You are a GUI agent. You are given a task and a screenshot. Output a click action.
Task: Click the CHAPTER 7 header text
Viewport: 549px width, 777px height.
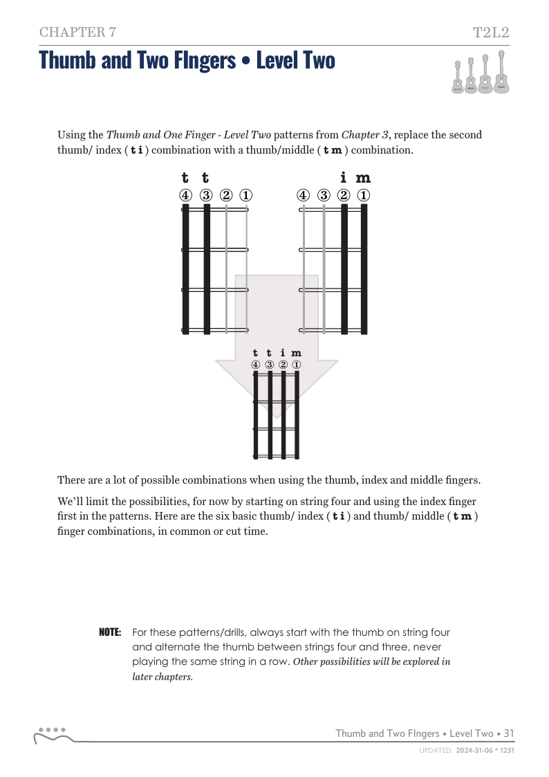tap(77, 33)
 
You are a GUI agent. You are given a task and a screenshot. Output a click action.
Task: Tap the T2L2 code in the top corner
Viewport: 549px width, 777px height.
tap(491, 33)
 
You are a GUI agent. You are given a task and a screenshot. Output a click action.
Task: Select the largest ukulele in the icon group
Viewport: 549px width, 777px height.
tap(501, 72)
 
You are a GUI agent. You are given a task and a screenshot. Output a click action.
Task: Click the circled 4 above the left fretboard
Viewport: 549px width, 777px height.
tap(185, 195)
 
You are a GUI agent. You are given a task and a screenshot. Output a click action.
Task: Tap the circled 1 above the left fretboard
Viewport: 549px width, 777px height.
tap(246, 195)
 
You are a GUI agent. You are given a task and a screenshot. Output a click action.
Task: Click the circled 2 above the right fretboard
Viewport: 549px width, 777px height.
tap(344, 195)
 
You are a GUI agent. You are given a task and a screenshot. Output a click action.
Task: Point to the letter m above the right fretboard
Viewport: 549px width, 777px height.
tap(363, 178)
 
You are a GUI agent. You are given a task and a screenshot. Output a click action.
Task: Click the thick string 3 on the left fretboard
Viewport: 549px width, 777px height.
tap(207, 269)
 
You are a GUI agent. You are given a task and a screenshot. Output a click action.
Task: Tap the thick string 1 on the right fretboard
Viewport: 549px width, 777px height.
tap(364, 269)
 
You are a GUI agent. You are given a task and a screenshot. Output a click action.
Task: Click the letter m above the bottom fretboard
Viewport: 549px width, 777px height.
tap(296, 354)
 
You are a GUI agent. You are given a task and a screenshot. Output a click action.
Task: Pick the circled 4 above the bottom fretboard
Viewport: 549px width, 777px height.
tap(255, 365)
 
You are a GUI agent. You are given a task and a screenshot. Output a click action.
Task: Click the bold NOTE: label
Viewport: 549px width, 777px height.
tap(110, 632)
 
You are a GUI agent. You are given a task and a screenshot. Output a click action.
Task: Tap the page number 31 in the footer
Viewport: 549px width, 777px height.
tap(509, 733)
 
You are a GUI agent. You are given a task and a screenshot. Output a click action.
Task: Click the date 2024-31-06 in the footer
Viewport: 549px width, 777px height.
tap(474, 750)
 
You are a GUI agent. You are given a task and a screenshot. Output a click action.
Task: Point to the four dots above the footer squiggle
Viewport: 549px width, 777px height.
tap(52, 730)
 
